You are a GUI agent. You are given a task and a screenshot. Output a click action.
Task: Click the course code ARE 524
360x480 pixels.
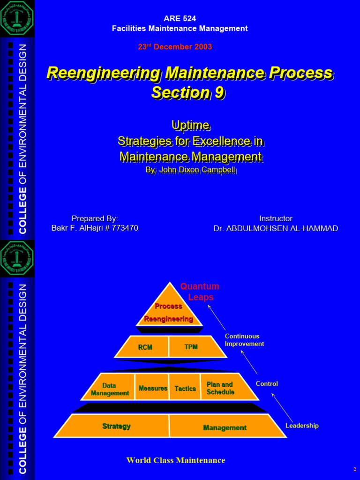pyautogui.click(x=180, y=19)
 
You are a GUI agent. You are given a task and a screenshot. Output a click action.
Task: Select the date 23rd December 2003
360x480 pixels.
pyautogui.click(x=175, y=47)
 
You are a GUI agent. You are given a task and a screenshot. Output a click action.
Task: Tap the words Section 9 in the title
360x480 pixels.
pyautogui.click(x=188, y=92)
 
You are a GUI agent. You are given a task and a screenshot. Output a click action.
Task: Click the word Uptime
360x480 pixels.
pyautogui.click(x=190, y=125)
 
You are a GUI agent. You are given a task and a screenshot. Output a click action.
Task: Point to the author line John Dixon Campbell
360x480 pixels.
pyautogui.click(x=190, y=169)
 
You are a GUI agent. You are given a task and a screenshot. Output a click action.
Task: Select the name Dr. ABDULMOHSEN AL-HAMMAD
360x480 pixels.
pyautogui.click(x=276, y=229)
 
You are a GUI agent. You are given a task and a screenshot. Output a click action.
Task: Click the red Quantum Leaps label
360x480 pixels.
pyautogui.click(x=200, y=292)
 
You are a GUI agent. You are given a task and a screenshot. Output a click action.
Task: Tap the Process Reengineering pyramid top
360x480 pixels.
pyautogui.click(x=169, y=312)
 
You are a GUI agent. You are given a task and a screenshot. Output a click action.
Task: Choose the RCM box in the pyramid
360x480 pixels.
pyautogui.click(x=145, y=347)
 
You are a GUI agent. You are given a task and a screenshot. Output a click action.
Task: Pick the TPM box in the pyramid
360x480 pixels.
pyautogui.click(x=191, y=347)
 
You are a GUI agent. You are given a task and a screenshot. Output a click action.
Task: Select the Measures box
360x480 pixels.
pyautogui.click(x=153, y=388)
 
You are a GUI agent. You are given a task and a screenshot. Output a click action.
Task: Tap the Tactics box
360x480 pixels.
pyautogui.click(x=185, y=389)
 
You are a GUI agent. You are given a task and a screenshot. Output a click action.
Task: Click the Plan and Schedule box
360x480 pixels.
pyautogui.click(x=220, y=388)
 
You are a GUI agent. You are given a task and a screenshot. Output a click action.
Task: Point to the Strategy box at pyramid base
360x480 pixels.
pyautogui.click(x=117, y=426)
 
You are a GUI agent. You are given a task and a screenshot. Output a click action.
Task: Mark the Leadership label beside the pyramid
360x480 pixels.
pyautogui.click(x=302, y=426)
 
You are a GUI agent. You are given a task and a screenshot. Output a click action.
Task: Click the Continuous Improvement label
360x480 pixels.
pyautogui.click(x=244, y=340)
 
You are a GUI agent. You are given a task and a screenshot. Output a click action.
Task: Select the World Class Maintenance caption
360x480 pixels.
pyautogui.click(x=176, y=460)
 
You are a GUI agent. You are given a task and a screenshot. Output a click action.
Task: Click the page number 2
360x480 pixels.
pyautogui.click(x=355, y=470)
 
